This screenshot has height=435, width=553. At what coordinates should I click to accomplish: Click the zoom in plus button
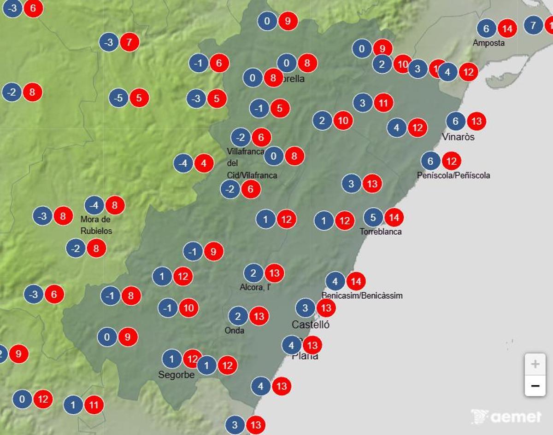point(535,365)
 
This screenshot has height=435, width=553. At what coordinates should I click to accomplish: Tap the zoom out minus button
point(535,385)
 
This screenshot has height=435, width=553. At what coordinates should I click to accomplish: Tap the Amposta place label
point(488,43)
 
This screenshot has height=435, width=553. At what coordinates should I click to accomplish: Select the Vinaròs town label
point(458,137)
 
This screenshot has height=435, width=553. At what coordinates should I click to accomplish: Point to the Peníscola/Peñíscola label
point(453,175)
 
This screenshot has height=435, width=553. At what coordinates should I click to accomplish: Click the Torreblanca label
point(381,232)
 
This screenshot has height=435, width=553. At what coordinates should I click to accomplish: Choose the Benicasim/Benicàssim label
point(362,296)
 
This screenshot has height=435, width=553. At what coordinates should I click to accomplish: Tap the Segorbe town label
point(176,375)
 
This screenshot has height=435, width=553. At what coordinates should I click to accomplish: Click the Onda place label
point(235,330)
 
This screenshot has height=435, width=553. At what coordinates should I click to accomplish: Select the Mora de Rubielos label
point(96,225)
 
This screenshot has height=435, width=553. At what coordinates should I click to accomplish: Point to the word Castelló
point(311,325)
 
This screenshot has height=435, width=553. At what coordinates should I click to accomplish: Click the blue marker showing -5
point(119,98)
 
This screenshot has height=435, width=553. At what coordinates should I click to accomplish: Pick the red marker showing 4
point(204,163)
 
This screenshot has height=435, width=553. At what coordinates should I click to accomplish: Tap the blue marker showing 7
point(533,25)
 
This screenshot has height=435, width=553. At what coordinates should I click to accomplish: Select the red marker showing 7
point(129,43)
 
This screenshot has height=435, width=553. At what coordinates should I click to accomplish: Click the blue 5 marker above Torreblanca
point(373,217)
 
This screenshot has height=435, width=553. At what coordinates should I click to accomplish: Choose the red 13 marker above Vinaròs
point(477,122)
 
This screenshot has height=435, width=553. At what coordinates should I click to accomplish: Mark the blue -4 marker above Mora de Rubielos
point(94,205)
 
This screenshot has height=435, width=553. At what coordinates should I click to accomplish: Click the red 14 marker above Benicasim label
point(356,281)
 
